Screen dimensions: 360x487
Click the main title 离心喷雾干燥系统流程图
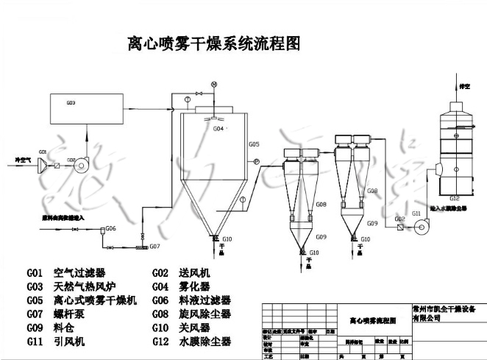tap(214, 44)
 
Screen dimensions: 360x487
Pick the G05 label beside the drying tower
tap(254, 144)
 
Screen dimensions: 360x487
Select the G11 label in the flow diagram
tap(416, 213)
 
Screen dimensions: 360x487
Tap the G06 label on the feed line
tap(110, 228)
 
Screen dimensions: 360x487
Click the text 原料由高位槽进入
tap(54, 218)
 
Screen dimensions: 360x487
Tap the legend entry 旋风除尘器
tap(205, 314)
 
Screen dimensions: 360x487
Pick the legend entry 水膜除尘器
tap(205, 342)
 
